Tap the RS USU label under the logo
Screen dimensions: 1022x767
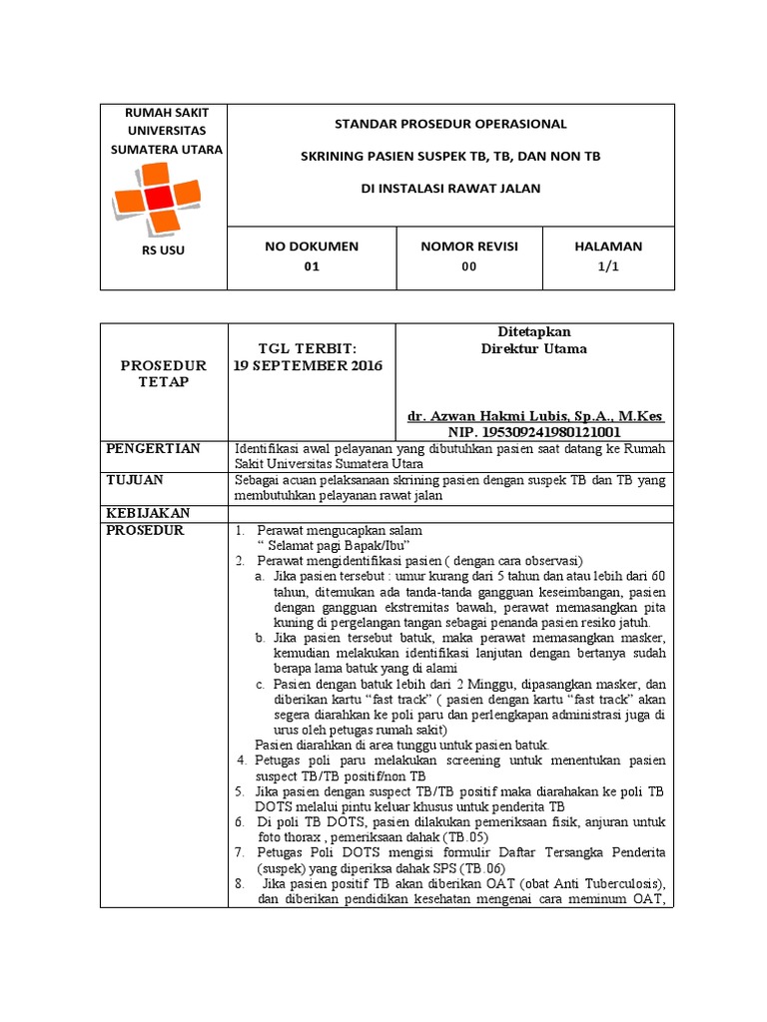[x=164, y=251]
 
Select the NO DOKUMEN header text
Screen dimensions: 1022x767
[x=312, y=247]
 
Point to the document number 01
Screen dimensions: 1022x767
[x=312, y=267]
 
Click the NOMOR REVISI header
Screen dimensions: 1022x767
[x=469, y=247]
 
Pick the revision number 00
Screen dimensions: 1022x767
[x=469, y=267]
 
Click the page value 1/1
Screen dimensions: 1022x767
[x=609, y=267]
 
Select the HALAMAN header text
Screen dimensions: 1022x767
[x=609, y=247]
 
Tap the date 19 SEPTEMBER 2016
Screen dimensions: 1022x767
[x=308, y=365]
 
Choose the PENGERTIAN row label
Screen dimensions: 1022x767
[x=153, y=448]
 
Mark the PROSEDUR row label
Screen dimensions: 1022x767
[x=145, y=530]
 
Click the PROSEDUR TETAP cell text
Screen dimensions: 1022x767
[x=164, y=373]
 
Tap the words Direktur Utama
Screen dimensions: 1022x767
[x=534, y=349]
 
